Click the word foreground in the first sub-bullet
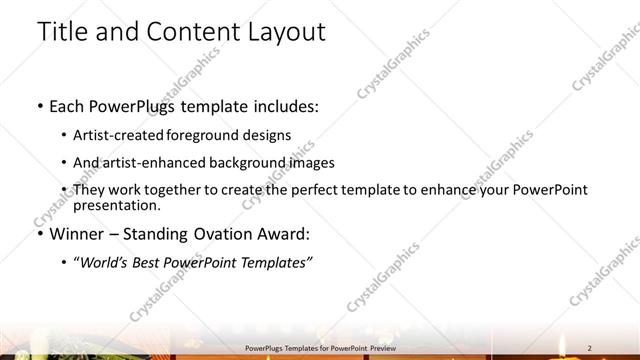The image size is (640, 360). (x=214, y=135)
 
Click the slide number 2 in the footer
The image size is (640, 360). (x=590, y=347)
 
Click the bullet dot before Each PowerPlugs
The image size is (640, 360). (x=39, y=106)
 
